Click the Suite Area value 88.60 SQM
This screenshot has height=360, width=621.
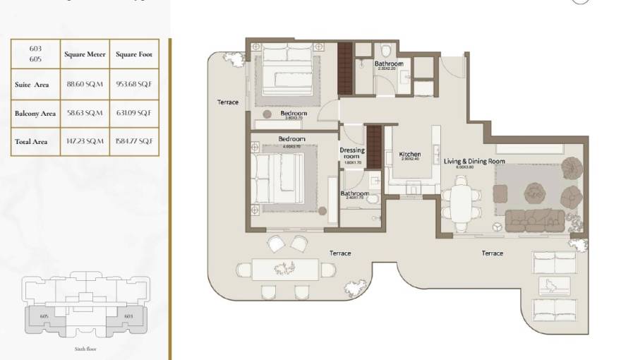pos(84,85)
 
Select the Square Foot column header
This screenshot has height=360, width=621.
pos(133,54)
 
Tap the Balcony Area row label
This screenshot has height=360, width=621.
pos(35,113)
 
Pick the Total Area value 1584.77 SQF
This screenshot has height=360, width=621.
pos(133,142)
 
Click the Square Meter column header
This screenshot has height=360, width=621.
pos(84,54)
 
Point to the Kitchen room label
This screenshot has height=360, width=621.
pos(410,154)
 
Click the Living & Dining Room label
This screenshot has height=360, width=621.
pos(474,161)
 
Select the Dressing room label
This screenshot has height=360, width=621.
pos(352,153)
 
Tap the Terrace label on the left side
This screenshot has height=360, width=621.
pos(228,102)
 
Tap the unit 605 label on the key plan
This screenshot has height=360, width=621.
pos(44,317)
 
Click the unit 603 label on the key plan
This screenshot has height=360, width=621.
pos(128,317)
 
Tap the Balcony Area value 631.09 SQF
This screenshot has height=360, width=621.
pos(133,113)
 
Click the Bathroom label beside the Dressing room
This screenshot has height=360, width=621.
pos(354,193)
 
